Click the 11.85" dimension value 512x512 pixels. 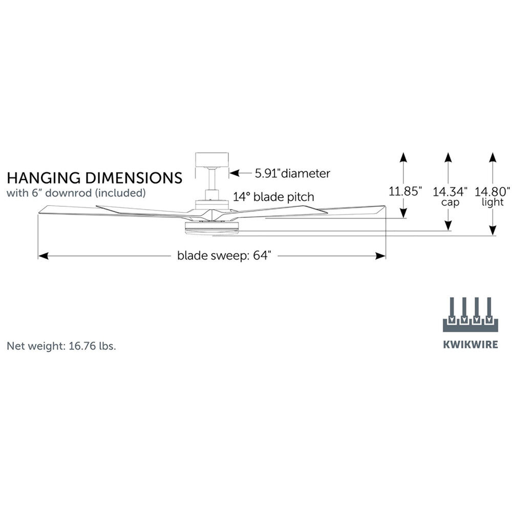406,192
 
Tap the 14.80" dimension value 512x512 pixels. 493,192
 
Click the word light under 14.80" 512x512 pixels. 493,202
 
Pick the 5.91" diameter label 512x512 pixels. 292,173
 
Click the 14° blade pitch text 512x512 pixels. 274,197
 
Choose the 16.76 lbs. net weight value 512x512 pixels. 91,346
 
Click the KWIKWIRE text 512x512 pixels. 470,344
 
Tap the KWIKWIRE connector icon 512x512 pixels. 470,314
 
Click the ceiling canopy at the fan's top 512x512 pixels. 211,160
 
